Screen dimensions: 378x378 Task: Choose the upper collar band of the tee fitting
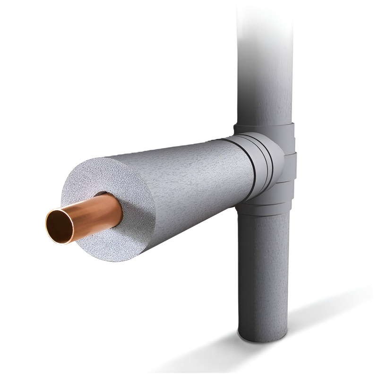[265, 129]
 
